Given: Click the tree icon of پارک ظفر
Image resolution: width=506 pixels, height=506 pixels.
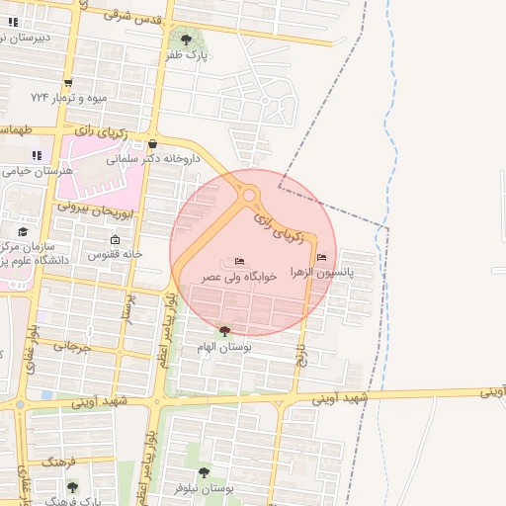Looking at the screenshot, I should [x=186, y=40].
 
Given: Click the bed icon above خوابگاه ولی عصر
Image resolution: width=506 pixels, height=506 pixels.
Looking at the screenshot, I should [x=239, y=262].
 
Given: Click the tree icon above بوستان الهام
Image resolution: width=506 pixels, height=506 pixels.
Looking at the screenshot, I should [x=225, y=331].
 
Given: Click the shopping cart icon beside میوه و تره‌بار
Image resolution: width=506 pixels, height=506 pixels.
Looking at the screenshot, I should [x=67, y=84].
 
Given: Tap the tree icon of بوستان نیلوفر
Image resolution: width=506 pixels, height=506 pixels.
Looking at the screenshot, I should [x=203, y=473].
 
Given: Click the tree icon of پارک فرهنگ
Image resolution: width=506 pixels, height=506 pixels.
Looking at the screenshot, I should [x=71, y=487].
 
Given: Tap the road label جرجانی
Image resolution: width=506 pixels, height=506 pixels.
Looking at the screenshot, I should [x=71, y=347].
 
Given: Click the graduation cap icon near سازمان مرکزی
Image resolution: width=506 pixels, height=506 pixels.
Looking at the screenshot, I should [x=23, y=232].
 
